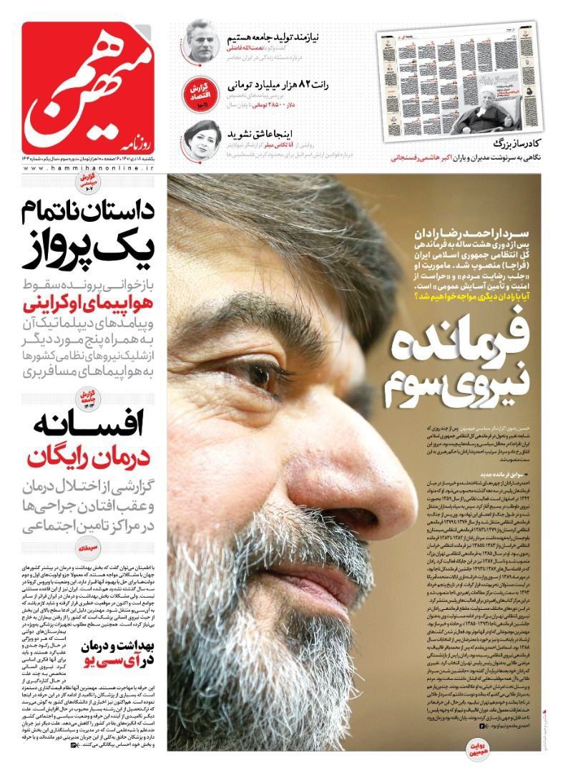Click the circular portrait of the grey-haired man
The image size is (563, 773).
tap(200, 41)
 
